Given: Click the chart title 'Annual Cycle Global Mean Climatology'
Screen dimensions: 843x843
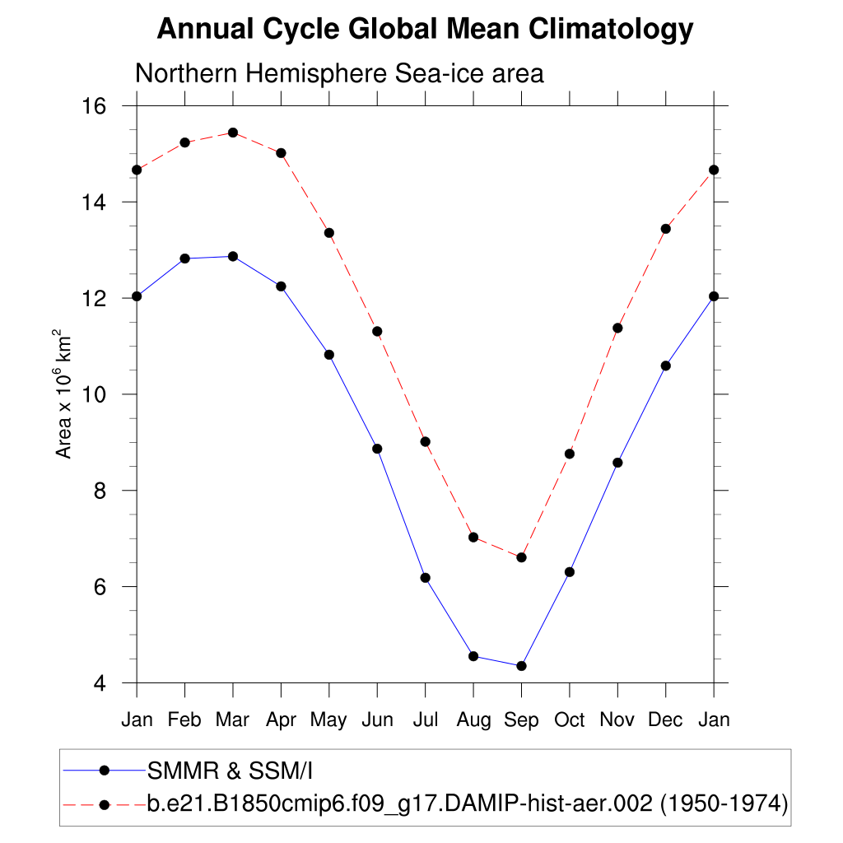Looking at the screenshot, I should pos(425,30).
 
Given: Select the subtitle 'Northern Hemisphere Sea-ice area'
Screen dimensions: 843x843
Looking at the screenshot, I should pos(339,73).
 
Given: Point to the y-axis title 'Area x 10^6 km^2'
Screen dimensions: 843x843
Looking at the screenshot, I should pos(64,394).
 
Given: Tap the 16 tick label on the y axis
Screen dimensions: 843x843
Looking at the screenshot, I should pos(96,106).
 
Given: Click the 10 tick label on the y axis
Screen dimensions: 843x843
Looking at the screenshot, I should pos(96,394).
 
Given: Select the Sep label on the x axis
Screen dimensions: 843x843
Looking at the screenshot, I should pos(521,720).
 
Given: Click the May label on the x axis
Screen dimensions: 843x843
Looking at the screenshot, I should pos(328,720).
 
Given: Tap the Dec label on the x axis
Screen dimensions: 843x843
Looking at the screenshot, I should pos(665,720).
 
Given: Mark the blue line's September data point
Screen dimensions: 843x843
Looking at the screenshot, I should pos(521,666).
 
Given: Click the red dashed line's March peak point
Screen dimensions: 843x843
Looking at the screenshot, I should pos(233,133).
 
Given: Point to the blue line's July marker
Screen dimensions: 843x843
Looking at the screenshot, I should pos(426,578).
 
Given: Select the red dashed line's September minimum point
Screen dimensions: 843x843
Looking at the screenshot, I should pos(521,557).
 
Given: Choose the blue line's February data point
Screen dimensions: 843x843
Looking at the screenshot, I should pos(184,258).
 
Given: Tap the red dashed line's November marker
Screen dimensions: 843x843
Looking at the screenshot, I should pos(617,328).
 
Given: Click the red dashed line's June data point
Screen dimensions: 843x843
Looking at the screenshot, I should pos(377,331).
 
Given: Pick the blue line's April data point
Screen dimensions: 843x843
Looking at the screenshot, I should pos(281,286).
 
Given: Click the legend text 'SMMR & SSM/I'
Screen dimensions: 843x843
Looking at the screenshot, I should pos(230,771).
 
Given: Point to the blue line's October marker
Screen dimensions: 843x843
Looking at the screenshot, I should pos(569,572).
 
